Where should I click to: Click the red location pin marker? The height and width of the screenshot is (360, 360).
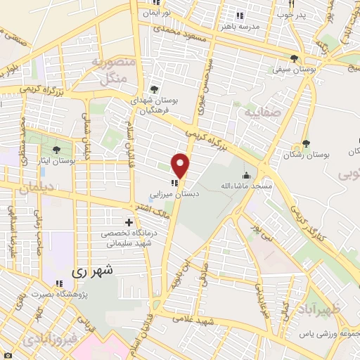point(181,166)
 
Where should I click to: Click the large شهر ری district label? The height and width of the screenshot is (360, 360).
point(95,269)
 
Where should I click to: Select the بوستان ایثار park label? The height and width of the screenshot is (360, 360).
point(58,161)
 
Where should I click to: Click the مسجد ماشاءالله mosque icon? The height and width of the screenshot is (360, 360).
point(245,176)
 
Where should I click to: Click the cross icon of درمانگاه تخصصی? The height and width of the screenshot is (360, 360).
point(129,223)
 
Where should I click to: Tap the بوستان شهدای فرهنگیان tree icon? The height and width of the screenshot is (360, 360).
point(154,90)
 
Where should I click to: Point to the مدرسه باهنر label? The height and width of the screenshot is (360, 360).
point(240,26)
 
